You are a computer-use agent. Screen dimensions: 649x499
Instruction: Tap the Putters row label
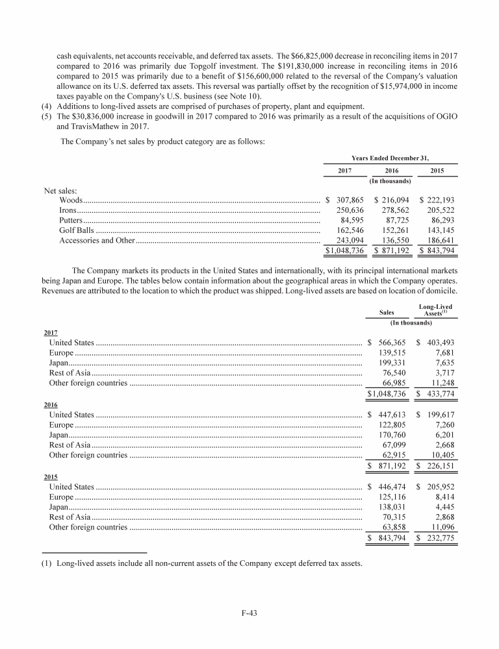click(x=70, y=221)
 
